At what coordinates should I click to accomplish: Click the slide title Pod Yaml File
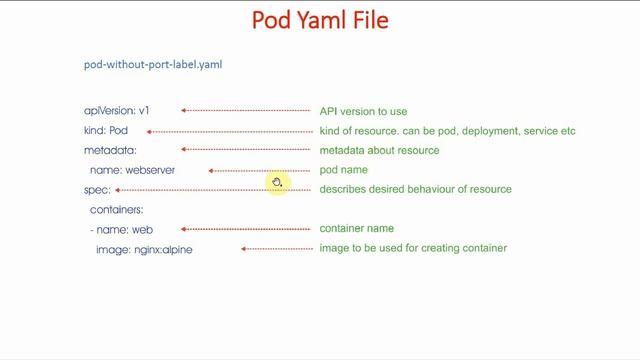coord(320,21)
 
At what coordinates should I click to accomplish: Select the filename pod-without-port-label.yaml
coord(153,65)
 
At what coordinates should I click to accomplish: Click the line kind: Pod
coord(106,131)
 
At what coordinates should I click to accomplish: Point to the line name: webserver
coord(132,170)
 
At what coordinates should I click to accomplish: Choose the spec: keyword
coord(97,189)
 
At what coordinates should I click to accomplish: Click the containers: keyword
coord(117,210)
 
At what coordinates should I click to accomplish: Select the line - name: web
coord(121,229)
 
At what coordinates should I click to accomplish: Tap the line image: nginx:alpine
coord(144,249)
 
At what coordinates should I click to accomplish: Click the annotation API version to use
coord(363,111)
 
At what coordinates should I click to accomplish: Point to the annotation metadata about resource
coord(379,150)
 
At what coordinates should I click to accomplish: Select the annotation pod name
coord(343,170)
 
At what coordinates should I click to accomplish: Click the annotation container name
coord(356,229)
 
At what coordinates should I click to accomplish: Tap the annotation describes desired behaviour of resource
coord(415,189)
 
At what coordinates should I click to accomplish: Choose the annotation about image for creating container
coord(413,248)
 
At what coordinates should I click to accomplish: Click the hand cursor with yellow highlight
coord(277,183)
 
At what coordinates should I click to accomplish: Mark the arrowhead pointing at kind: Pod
coord(150,131)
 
